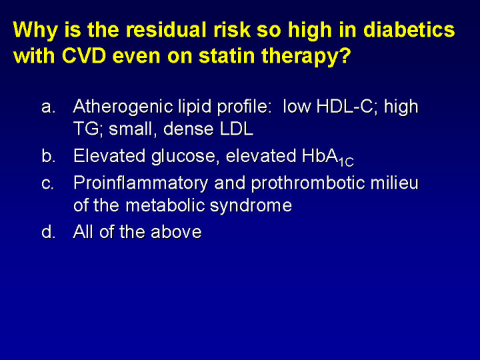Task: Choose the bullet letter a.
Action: pos(49,107)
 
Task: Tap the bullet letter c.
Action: pos(48,183)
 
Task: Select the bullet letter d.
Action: pos(49,231)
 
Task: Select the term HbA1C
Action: pos(327,157)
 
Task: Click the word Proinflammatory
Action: pos(141,184)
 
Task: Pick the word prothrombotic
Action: pos(308,184)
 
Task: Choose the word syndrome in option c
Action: pos(251,207)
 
